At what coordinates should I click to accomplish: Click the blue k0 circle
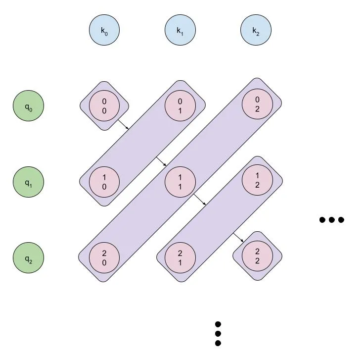click(104, 31)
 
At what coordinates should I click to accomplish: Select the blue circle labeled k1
click(181, 31)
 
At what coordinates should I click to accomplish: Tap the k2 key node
click(256, 31)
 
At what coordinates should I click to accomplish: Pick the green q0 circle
click(28, 106)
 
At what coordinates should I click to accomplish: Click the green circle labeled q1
click(28, 182)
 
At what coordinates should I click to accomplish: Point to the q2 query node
click(28, 258)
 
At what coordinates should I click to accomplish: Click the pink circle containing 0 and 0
click(104, 106)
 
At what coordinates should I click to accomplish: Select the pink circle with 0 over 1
click(181, 106)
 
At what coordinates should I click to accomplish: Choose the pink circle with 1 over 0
click(104, 182)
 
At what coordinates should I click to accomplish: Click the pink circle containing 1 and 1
click(181, 182)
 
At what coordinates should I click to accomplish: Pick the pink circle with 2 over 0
click(104, 258)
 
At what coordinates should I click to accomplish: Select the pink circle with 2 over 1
click(181, 258)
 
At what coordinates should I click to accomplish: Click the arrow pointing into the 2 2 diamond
click(238, 237)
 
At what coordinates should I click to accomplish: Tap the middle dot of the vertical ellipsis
click(218, 334)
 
